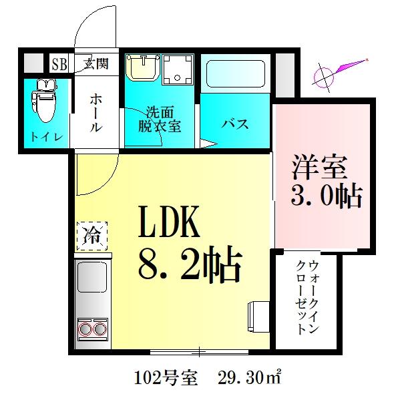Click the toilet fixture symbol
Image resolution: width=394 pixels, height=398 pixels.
point(45,101)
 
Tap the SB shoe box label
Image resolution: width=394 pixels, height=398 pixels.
point(59,64)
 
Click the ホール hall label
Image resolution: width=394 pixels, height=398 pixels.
point(95,112)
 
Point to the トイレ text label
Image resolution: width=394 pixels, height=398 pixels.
point(45,138)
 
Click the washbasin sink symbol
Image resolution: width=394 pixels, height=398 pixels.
point(141,68)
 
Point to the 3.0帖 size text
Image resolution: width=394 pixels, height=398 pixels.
point(326,196)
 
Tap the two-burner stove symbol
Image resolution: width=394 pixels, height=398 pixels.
point(92,329)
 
